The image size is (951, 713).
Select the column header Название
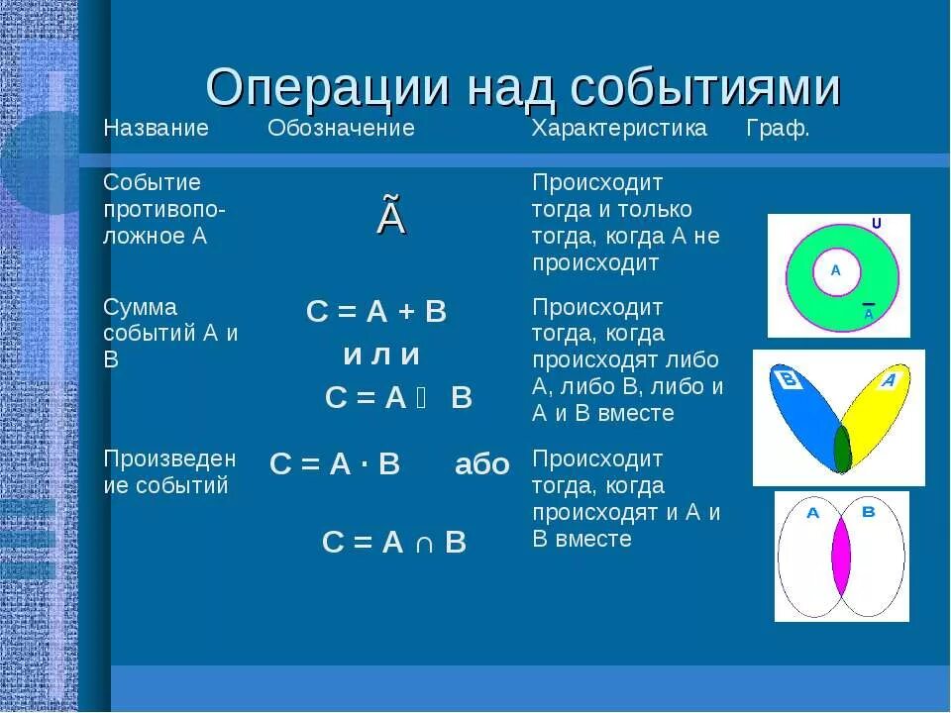click(x=157, y=129)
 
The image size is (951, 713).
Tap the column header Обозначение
click(x=341, y=129)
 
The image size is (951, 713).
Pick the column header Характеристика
click(x=620, y=129)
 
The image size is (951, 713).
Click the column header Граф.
click(x=778, y=129)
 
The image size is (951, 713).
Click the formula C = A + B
click(x=376, y=312)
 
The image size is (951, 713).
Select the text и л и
click(x=381, y=355)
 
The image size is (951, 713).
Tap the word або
click(x=482, y=464)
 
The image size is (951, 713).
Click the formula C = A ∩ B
click(x=393, y=542)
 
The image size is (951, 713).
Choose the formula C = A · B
click(x=335, y=464)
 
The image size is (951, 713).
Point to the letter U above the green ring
click(x=876, y=224)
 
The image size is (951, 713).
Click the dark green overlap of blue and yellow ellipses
click(x=842, y=448)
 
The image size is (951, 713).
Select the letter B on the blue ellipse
click(x=790, y=380)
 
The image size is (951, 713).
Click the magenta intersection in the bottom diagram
click(x=841, y=557)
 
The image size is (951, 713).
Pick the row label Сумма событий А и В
click(x=170, y=333)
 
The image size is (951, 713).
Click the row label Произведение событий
click(x=170, y=471)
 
